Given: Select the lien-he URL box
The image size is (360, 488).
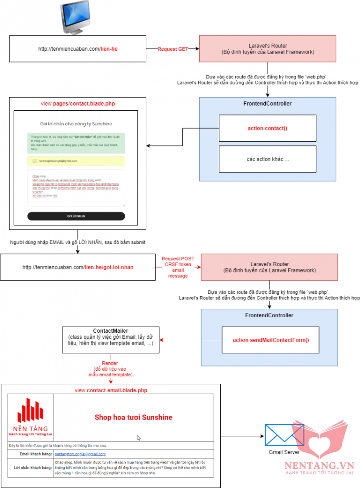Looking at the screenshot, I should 77,48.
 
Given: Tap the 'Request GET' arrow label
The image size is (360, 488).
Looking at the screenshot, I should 172,49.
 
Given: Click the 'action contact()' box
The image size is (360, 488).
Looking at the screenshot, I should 268,128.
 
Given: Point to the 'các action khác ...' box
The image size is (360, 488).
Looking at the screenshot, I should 268,159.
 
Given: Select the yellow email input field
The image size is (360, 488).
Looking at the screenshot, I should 76,161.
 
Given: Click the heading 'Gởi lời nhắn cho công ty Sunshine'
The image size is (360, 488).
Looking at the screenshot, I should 75,124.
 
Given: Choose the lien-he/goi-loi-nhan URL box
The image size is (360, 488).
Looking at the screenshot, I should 77,267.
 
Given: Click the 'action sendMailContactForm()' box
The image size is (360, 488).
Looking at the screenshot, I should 271,340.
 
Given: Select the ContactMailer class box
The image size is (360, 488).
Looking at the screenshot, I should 111,340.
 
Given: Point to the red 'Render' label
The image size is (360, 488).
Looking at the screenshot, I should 111,363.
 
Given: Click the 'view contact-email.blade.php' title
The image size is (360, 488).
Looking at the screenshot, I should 111,390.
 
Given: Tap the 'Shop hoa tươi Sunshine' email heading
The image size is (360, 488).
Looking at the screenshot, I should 134,417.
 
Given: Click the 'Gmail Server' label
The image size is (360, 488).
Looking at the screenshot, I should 284,452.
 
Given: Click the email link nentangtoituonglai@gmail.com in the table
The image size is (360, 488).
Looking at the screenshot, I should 80,454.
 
